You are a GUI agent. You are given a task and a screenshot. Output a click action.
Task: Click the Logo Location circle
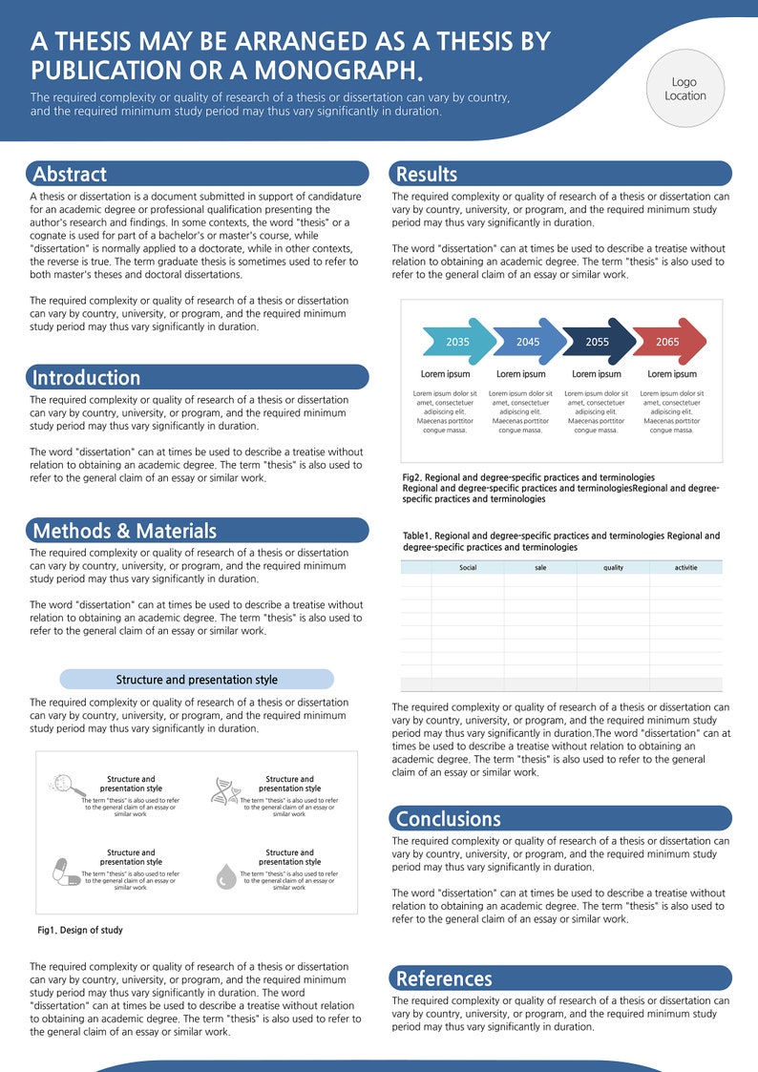tap(685, 89)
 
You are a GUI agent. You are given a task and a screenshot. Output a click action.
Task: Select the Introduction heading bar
tap(199, 377)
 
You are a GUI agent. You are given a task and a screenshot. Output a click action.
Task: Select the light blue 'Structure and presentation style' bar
tap(197, 680)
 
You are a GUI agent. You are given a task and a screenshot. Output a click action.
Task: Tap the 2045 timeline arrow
tap(529, 342)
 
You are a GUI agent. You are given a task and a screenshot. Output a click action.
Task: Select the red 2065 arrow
tap(668, 342)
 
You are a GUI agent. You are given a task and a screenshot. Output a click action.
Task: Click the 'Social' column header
tap(468, 567)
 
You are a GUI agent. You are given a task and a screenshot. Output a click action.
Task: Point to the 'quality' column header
tap(613, 567)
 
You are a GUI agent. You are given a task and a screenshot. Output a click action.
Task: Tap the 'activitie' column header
tap(685, 567)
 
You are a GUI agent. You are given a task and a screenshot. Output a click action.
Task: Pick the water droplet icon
tap(225, 874)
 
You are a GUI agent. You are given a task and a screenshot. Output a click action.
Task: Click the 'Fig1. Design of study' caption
tap(80, 930)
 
